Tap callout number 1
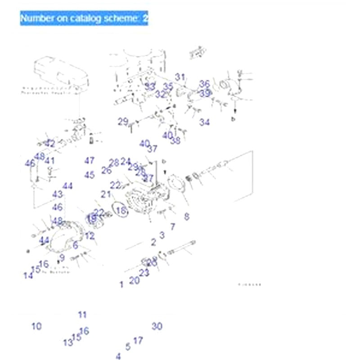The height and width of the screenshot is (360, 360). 121,284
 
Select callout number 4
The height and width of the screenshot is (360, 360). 118,356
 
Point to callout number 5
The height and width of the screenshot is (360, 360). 128,346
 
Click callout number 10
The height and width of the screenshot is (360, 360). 36,326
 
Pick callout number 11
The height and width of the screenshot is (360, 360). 82,315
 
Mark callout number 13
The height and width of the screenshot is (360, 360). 67,343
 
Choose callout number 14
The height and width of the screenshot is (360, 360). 28,276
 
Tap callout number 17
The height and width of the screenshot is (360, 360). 138,341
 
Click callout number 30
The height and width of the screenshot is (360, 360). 157,326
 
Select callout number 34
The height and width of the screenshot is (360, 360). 205,122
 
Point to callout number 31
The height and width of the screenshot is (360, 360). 180,77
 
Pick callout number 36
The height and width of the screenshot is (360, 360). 205,84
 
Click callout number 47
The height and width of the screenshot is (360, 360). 90,161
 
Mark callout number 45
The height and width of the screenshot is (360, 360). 90,175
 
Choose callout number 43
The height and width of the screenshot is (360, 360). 57,194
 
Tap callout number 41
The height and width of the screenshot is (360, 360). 50,161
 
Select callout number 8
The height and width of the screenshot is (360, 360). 187,216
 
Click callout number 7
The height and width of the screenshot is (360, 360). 172,227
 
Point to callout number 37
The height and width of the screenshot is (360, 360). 153,149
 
